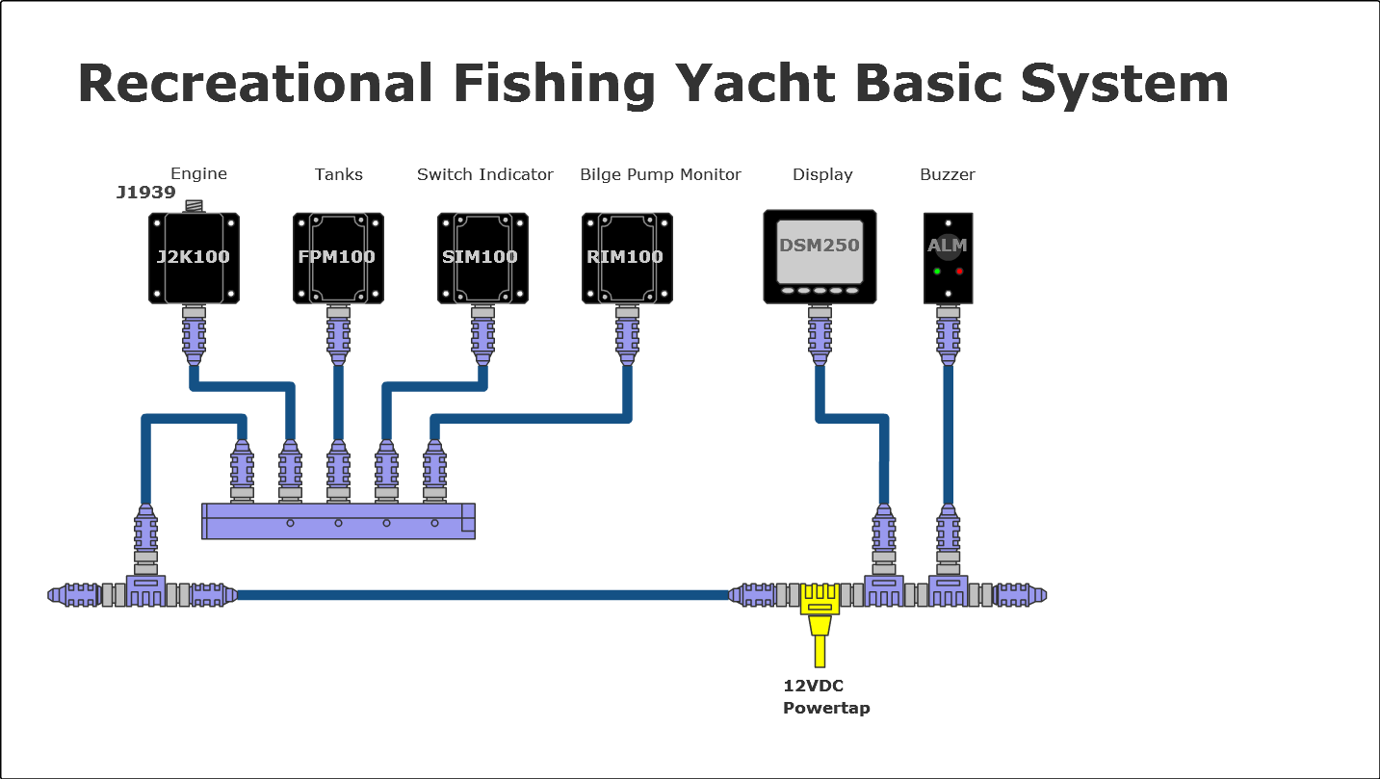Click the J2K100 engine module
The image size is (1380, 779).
pos(194,258)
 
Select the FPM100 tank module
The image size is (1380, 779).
pos(338,258)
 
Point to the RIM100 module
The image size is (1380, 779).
pos(627,258)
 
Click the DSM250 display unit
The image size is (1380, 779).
pos(820,256)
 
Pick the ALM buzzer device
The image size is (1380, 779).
pos(948,256)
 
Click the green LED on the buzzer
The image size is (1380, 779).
pos(937,272)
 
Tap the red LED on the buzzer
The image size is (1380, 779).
pos(959,272)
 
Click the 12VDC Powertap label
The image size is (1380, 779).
pos(825,697)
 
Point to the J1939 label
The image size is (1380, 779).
pos(145,193)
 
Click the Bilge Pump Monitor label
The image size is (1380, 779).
pos(661,174)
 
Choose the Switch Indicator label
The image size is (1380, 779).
pos(485,174)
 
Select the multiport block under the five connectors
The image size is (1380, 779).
pos(338,521)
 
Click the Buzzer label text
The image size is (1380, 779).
pos(948,174)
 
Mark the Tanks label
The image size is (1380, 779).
pos(339,174)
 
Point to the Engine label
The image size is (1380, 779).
pos(198,173)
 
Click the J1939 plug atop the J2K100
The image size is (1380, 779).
pos(195,206)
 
